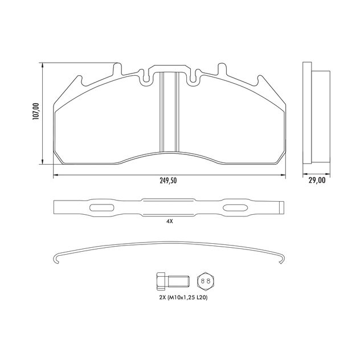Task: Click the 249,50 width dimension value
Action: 168,181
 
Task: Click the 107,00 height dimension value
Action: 36,111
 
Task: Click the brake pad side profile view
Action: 315,114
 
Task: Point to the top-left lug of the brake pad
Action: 118,69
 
